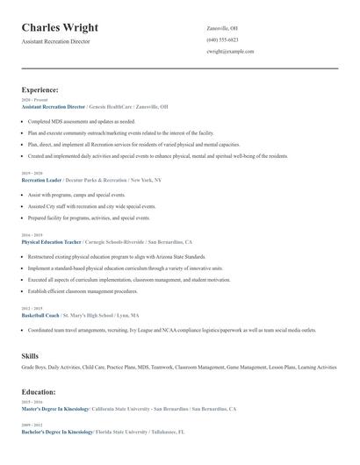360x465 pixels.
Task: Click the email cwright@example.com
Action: coord(230,52)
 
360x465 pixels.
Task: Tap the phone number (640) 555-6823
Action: coord(222,39)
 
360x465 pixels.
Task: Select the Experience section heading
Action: coord(40,89)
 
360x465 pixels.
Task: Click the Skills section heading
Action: coord(30,355)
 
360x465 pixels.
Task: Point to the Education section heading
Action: coord(39,392)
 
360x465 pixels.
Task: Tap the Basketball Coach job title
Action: coord(40,315)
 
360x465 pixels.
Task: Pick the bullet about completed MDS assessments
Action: coord(81,121)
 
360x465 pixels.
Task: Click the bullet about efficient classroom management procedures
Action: coord(83,290)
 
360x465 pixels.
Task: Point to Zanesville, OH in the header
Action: coord(222,28)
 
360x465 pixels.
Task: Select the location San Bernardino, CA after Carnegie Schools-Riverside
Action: coord(169,241)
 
